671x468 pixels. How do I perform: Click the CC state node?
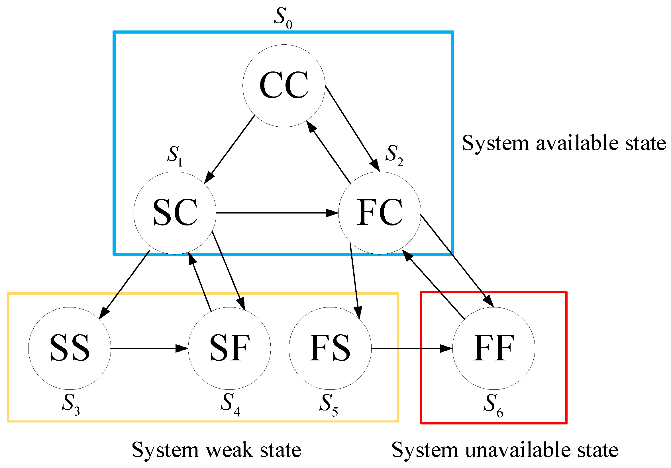[x=284, y=86]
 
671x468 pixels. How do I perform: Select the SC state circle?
[x=175, y=213]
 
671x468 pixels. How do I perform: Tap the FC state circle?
[x=380, y=213]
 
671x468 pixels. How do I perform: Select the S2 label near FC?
[x=394, y=155]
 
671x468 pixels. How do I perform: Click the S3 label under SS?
[x=70, y=404]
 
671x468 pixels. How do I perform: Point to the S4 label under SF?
[x=230, y=404]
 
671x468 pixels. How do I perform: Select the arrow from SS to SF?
[x=149, y=348]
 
